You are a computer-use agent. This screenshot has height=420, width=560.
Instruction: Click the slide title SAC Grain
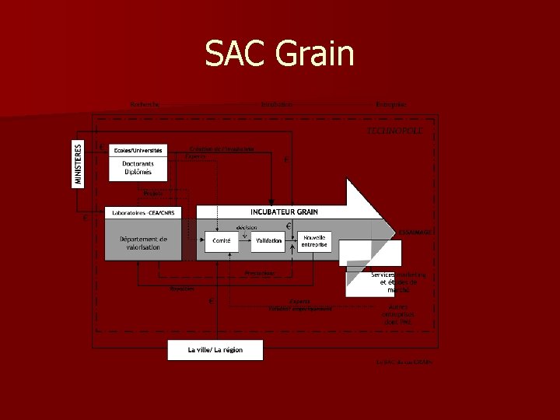coord(279,54)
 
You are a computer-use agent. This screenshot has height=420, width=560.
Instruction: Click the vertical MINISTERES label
coord(78,163)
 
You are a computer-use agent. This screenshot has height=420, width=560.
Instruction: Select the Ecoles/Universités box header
coord(138,149)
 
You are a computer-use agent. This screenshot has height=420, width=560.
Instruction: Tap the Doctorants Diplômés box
coord(138,169)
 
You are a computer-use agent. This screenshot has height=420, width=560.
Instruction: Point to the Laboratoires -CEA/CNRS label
coord(143,212)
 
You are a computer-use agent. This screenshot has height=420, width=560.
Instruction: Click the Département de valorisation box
coord(143,243)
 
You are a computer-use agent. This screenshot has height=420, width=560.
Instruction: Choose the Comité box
coord(221,241)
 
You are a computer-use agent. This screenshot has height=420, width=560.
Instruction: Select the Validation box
coord(268,241)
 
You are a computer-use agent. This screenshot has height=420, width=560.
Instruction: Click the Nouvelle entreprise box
coord(315,241)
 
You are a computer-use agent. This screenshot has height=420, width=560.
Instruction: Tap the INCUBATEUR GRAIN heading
coord(284,212)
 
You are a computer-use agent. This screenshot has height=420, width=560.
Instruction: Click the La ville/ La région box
coord(215,350)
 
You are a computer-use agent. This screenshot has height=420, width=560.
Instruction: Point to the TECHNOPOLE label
coord(394,131)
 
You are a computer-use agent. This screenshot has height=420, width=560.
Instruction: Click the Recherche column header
coord(145,104)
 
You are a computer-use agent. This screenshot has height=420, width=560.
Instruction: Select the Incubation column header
coord(277,104)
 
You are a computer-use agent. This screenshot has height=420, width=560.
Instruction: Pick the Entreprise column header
coord(391,104)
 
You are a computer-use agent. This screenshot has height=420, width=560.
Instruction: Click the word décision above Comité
coord(247,227)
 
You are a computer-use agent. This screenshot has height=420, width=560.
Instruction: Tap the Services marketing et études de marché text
coord(398,282)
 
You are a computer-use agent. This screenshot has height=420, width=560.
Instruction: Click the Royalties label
coord(182,289)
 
